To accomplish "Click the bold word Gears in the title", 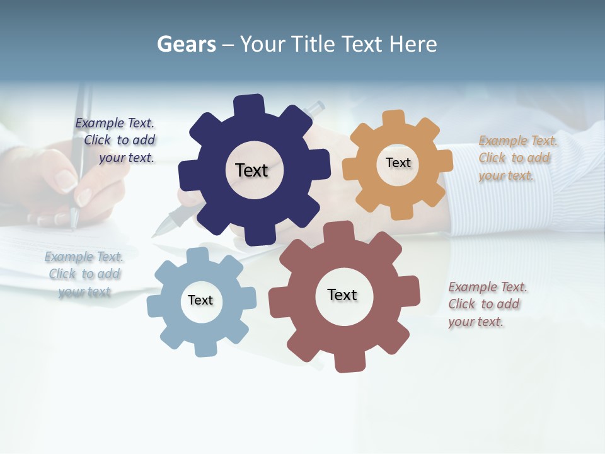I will (x=186, y=45).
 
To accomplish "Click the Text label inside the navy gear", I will (x=251, y=170).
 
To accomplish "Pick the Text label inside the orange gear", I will (x=398, y=163).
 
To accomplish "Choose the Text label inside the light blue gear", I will (x=200, y=300).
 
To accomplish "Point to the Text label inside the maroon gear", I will (x=342, y=295).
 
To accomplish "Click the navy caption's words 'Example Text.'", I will (x=115, y=123).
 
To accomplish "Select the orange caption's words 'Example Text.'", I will (x=518, y=141).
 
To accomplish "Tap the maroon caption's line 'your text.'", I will (x=476, y=322).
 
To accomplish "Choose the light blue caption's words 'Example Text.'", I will (x=84, y=257).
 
